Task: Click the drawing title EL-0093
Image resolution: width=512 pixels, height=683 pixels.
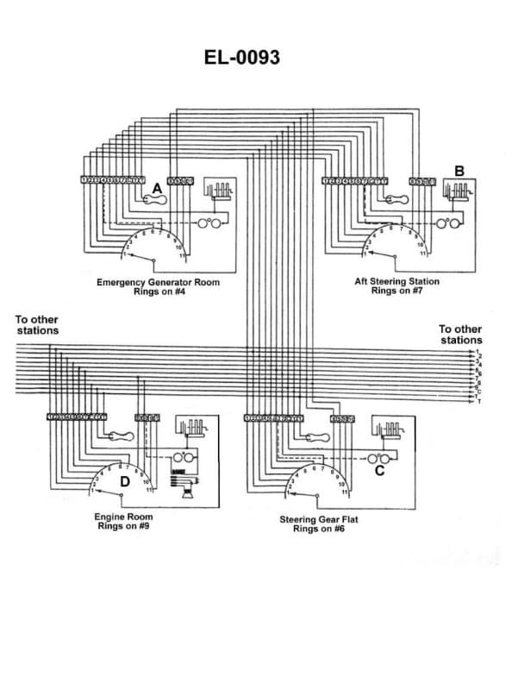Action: click(241, 58)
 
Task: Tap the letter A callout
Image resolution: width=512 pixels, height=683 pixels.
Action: click(157, 187)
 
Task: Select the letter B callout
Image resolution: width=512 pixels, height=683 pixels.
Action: click(459, 172)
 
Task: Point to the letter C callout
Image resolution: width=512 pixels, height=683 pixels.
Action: click(379, 471)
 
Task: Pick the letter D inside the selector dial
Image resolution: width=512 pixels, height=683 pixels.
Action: click(124, 481)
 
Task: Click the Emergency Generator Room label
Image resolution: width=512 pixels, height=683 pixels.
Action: click(158, 282)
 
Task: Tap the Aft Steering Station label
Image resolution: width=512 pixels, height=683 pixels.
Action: click(396, 281)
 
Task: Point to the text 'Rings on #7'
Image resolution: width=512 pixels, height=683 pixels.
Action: click(396, 291)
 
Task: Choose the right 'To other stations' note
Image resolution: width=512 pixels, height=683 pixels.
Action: click(460, 334)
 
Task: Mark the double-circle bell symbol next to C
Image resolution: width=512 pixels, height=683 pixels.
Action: click(378, 458)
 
